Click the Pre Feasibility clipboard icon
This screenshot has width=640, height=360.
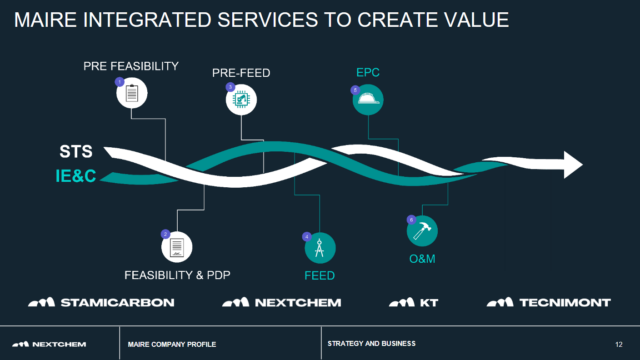131,94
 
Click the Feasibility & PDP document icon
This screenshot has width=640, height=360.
176,246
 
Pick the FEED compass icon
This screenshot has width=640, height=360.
320,246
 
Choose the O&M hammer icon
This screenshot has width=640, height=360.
422,230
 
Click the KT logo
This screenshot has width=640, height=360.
414,302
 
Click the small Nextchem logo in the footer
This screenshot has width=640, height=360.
56,344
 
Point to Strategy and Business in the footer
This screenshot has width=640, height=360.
371,344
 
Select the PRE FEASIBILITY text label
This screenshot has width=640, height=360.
131,67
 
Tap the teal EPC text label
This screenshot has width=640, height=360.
368,73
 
